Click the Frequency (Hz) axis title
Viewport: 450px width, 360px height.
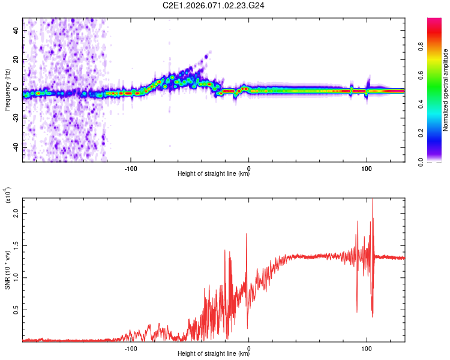(7, 90)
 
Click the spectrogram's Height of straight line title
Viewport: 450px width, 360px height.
(214, 174)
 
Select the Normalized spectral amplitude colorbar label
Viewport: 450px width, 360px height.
(446, 90)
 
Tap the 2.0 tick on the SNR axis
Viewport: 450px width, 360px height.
(16, 213)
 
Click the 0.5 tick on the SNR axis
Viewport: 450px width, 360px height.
(16, 310)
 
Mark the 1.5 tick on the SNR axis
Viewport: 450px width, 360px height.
(16, 245)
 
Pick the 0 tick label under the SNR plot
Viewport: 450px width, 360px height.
(248, 347)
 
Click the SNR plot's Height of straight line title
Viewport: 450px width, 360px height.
(214, 354)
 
